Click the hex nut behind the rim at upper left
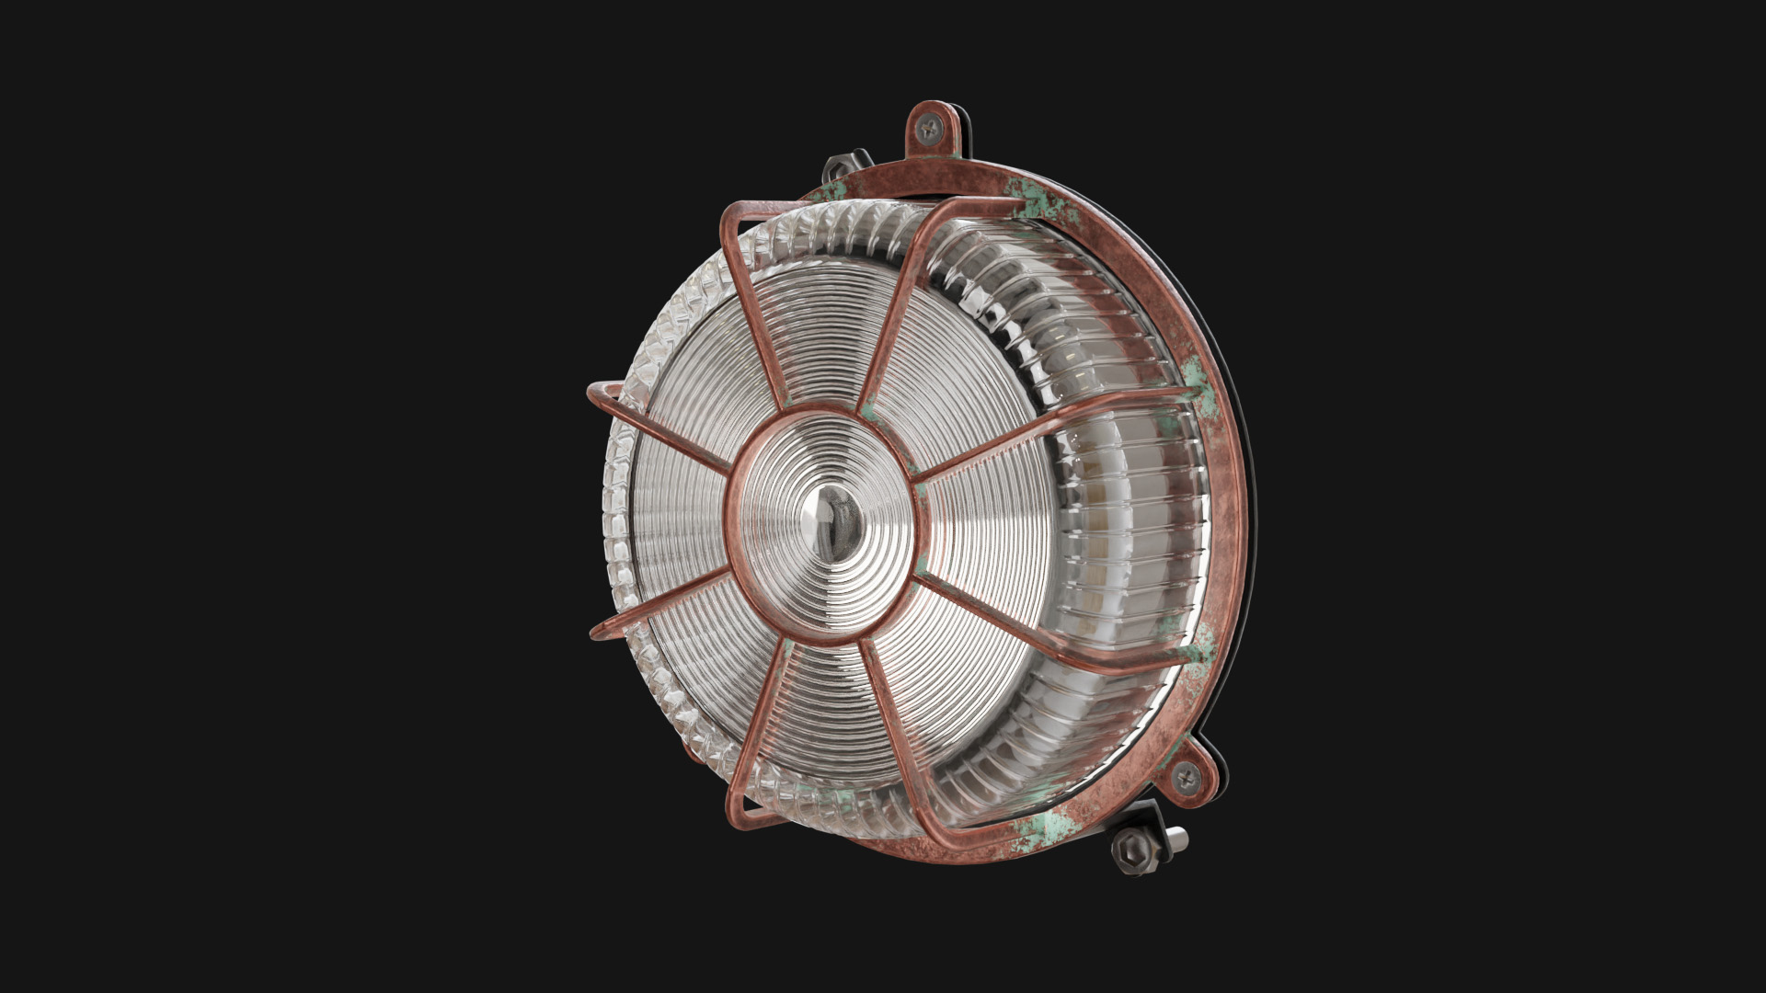[x=839, y=168]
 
